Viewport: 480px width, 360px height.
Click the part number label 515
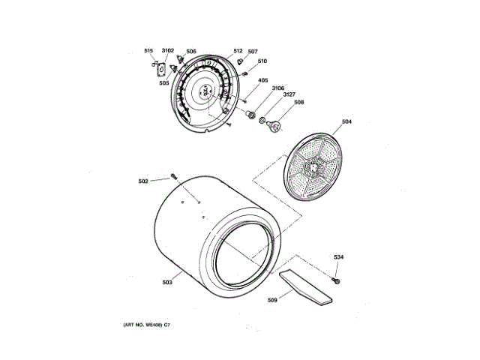tap(148, 50)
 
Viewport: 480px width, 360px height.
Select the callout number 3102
tap(168, 50)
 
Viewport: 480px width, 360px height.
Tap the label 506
tap(191, 51)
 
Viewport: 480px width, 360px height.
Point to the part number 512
tap(238, 51)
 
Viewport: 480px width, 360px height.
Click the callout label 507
tap(253, 52)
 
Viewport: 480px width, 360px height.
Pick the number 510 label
tap(262, 61)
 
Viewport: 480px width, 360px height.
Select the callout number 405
tap(263, 80)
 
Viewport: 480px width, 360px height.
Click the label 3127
tap(289, 95)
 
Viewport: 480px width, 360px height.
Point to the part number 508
tap(298, 103)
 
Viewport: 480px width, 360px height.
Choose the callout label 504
tap(346, 121)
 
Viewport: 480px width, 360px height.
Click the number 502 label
tap(143, 180)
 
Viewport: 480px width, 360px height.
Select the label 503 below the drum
tap(167, 282)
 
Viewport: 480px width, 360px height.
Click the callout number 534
tap(339, 258)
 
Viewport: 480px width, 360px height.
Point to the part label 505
tap(163, 83)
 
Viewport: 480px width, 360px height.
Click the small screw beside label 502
tap(173, 176)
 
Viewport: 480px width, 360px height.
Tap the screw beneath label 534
tap(336, 280)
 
